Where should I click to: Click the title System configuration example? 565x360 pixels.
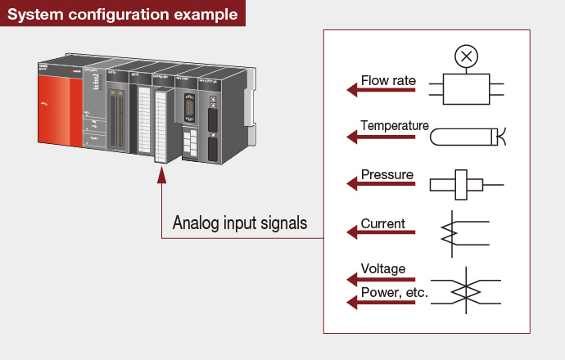point(123,15)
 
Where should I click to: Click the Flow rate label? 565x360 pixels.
point(388,81)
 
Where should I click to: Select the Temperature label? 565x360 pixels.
point(395,126)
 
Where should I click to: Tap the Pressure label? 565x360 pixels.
point(386,175)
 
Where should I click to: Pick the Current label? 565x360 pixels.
point(383,223)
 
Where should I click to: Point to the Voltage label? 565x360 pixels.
point(383,268)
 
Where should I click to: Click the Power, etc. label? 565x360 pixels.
point(395,292)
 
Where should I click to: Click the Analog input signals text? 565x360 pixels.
point(239,223)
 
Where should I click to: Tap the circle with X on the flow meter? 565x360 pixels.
point(467,56)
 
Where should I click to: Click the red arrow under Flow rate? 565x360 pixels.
point(382,91)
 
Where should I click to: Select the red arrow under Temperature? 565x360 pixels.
point(382,137)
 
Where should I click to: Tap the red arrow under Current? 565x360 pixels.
point(382,233)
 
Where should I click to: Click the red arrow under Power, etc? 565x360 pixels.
point(382,303)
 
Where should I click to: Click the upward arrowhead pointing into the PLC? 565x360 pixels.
point(160,175)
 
